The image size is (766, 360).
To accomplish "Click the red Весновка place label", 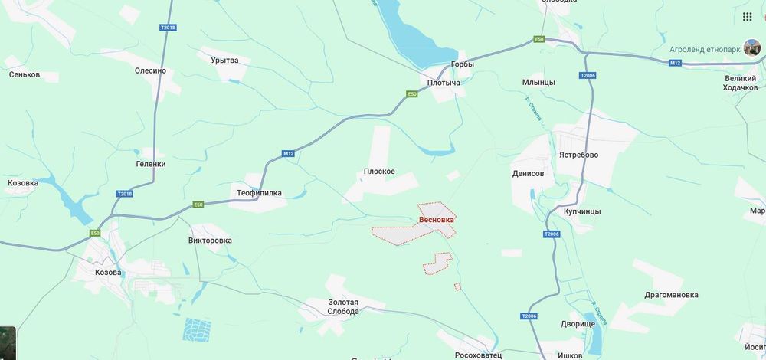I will (437, 220).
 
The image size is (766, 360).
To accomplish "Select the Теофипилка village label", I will (260, 193).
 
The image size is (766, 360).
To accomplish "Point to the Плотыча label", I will (444, 83).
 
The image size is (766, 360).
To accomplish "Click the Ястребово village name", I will (578, 155).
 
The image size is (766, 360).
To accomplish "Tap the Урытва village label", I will (224, 61).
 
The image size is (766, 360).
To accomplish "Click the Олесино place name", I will (150, 70).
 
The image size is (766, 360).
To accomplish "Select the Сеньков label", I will (25, 75).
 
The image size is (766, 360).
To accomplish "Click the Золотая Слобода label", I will (332, 306).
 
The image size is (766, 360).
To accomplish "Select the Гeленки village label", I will (151, 164).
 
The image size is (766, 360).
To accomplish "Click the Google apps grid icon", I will (747, 17).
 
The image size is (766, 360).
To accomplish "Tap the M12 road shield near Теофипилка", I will (288, 154).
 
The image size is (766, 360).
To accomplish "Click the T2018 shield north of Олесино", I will (168, 28).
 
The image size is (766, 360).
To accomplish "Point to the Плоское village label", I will (379, 171).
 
